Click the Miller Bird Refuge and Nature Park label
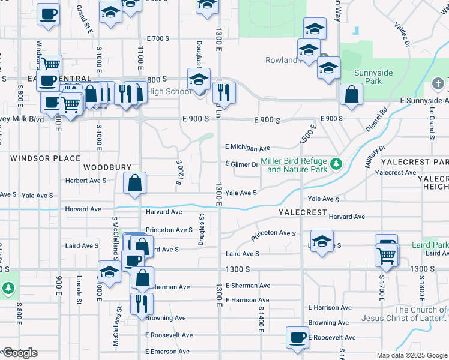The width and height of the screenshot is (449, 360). click(297, 166)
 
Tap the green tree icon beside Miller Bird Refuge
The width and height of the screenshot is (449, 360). click(337, 163)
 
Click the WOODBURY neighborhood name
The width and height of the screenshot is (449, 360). click(107, 167)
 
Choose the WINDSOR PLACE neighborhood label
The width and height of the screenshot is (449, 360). click(45, 158)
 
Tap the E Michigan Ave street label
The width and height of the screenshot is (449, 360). click(248, 147)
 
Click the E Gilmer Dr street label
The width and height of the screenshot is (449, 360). click(242, 164)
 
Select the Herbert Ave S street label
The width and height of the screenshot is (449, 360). click(86, 180)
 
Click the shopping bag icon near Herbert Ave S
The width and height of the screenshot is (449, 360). click(136, 183)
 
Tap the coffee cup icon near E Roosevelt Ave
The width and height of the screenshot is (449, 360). click(297, 337)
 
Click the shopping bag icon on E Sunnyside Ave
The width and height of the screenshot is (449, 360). click(351, 94)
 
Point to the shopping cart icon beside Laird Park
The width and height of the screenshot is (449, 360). click(387, 255)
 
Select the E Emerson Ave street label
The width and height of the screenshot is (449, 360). click(169, 352)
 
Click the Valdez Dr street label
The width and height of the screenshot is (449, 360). click(402, 35)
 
